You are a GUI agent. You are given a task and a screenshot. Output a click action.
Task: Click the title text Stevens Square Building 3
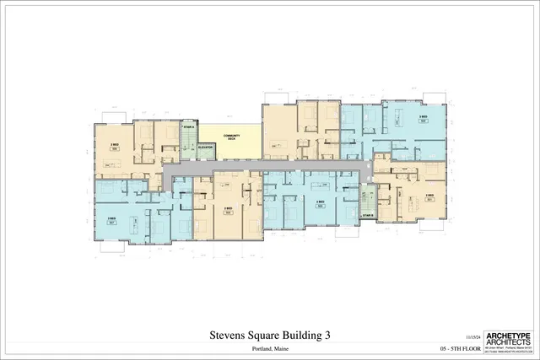pos(269,336)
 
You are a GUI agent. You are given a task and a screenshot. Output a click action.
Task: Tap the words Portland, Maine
pos(269,348)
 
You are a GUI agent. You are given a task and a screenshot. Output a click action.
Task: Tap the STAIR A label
pos(187,127)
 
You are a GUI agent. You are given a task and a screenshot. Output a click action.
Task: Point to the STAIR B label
pos(367,216)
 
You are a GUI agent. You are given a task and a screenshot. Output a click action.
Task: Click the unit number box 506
pos(114,149)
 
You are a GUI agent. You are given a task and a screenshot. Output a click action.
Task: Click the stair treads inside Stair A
pos(187,139)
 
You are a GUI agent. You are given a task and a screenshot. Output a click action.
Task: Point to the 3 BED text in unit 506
pos(114,144)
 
